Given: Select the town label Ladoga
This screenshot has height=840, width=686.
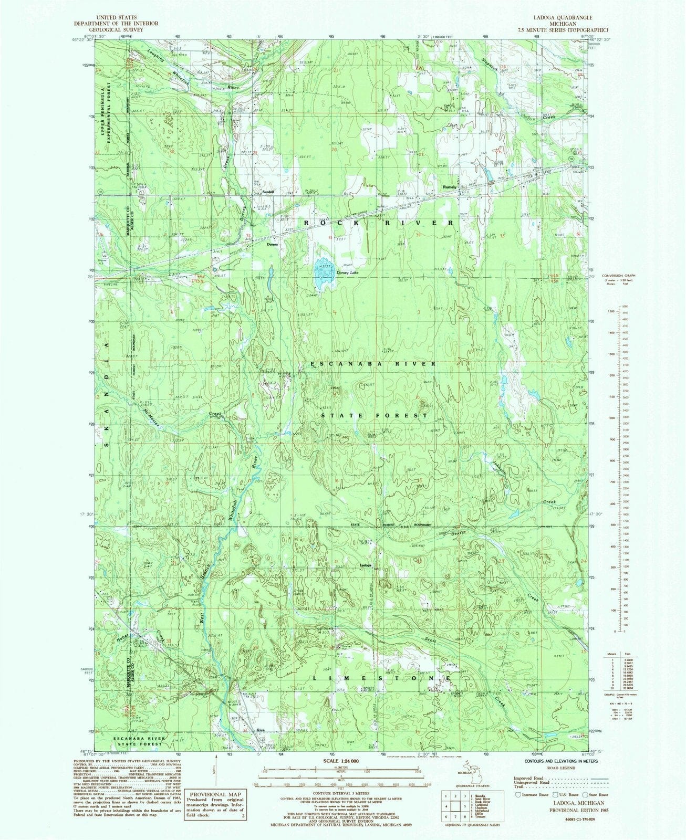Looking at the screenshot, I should [366, 565].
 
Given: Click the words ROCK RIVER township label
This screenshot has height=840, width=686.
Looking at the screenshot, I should [377, 223].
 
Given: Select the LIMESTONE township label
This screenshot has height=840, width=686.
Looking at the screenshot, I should [382, 678].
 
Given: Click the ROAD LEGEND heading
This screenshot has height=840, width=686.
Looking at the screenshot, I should [557, 768].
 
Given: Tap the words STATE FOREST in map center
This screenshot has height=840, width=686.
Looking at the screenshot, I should [375, 415].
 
